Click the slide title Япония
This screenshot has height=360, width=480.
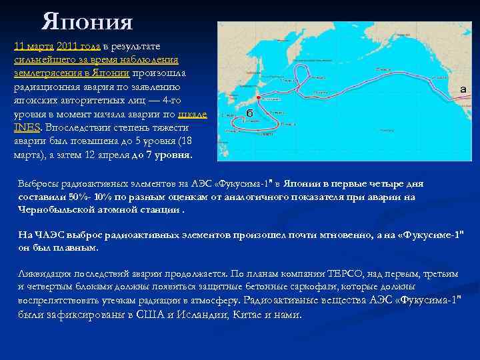point(87,22)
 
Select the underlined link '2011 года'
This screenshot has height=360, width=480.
point(79,45)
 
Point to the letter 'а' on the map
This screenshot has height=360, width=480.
point(463,89)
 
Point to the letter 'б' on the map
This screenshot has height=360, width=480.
point(249,112)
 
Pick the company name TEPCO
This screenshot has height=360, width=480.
point(334,273)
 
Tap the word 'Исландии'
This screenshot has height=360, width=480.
point(202,315)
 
